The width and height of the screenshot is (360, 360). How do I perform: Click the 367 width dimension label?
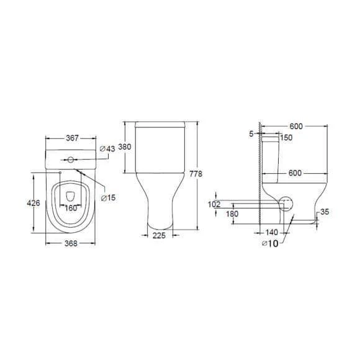coord(72,138)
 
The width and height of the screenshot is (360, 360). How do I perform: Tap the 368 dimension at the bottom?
coord(71,243)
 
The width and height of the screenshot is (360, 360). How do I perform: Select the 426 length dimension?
coord(34,203)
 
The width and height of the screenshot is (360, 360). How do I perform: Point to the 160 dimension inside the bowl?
coord(71,208)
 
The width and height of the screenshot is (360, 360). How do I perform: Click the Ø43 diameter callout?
coord(107,149)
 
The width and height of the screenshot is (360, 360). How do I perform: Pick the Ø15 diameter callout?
coord(109,197)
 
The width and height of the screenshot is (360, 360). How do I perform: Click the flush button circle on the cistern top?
coord(71,160)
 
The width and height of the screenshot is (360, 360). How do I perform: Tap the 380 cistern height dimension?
coord(125,146)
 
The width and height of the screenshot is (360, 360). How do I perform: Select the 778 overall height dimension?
coord(196,174)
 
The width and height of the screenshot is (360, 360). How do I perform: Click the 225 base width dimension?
coord(159,235)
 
